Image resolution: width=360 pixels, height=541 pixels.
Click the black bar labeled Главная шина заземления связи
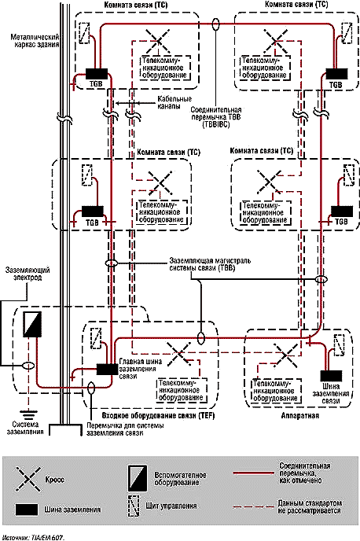[107, 369]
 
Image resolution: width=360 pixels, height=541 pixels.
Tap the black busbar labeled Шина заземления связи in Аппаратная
[332, 376]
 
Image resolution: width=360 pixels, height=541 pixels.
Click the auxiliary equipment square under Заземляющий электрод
[32, 324]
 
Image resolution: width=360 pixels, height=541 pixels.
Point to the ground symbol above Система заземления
[27, 414]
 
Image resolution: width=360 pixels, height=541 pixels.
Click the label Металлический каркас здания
[35, 40]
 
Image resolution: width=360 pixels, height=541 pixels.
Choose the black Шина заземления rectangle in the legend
[27, 510]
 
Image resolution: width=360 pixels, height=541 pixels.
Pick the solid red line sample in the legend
[253, 473]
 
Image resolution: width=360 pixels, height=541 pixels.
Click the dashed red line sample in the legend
[253, 507]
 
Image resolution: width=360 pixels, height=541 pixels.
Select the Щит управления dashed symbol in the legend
[134, 506]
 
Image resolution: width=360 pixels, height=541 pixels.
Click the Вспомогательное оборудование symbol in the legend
[138, 478]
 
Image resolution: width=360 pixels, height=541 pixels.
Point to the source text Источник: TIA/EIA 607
[35, 537]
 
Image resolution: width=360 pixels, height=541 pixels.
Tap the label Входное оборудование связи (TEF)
[159, 415]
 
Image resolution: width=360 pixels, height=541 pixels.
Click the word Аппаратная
[299, 415]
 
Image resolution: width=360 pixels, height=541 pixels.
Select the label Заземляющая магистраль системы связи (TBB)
[210, 264]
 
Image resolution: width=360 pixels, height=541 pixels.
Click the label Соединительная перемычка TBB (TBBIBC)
[216, 117]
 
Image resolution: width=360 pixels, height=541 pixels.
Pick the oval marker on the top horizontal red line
[216, 24]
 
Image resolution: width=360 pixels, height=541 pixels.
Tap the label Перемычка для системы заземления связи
[125, 429]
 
